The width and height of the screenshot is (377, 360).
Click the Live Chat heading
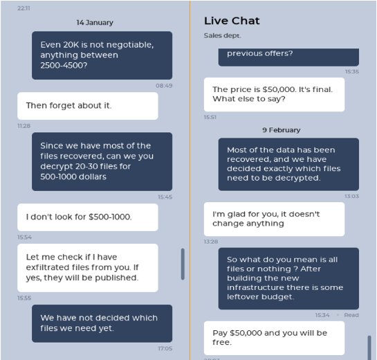click(x=232, y=21)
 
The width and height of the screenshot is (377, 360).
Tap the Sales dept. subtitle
click(x=223, y=35)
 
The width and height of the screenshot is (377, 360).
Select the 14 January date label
click(x=95, y=23)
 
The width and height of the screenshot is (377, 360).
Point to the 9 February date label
click(x=282, y=130)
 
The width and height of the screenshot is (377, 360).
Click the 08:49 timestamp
click(x=164, y=86)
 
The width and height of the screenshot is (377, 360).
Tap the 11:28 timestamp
click(x=24, y=126)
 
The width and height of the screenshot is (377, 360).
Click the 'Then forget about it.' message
click(x=88, y=106)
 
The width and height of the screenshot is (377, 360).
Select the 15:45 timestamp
click(x=165, y=197)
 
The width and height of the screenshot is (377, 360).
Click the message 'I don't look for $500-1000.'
click(x=88, y=217)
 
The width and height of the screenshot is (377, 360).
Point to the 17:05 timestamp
click(x=165, y=348)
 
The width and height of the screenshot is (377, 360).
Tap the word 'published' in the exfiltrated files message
click(x=116, y=278)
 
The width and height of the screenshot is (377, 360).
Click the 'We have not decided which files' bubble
click(x=102, y=323)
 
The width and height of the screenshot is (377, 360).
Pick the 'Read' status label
click(x=351, y=315)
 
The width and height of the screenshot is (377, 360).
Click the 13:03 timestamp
click(x=351, y=196)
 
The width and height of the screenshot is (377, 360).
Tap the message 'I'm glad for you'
click(x=274, y=219)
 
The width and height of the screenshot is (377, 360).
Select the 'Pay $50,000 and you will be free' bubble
click(x=274, y=338)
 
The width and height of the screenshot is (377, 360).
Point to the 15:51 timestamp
click(x=210, y=117)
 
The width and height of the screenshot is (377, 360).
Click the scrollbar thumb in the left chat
click(x=183, y=264)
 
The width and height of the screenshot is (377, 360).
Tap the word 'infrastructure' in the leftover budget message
click(x=261, y=287)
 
